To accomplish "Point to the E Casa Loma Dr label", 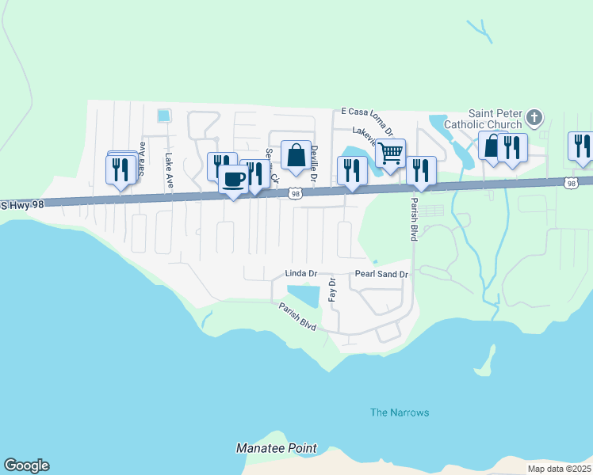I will click(367, 112).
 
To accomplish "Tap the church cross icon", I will click(534, 118).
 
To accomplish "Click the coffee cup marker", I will click(233, 180).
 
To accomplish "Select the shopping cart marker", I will click(390, 154).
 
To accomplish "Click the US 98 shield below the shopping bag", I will click(296, 193).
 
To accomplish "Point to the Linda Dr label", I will click(300, 274).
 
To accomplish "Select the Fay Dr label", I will click(333, 290).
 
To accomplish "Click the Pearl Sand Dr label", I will click(381, 274).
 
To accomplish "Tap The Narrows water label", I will click(400, 412).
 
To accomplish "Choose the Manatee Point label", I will click(276, 448).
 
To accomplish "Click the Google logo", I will click(26, 465).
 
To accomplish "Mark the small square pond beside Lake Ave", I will click(163, 116).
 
